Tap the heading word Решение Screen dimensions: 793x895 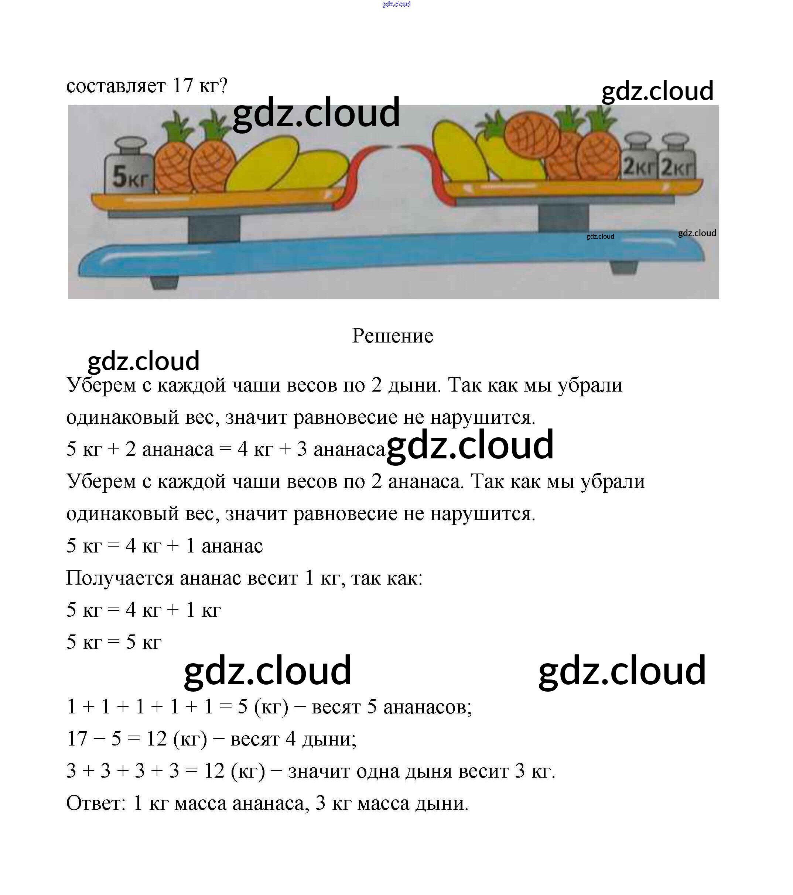(393, 336)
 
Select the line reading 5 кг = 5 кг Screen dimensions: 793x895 (114, 642)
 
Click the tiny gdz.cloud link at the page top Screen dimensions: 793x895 (396, 4)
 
